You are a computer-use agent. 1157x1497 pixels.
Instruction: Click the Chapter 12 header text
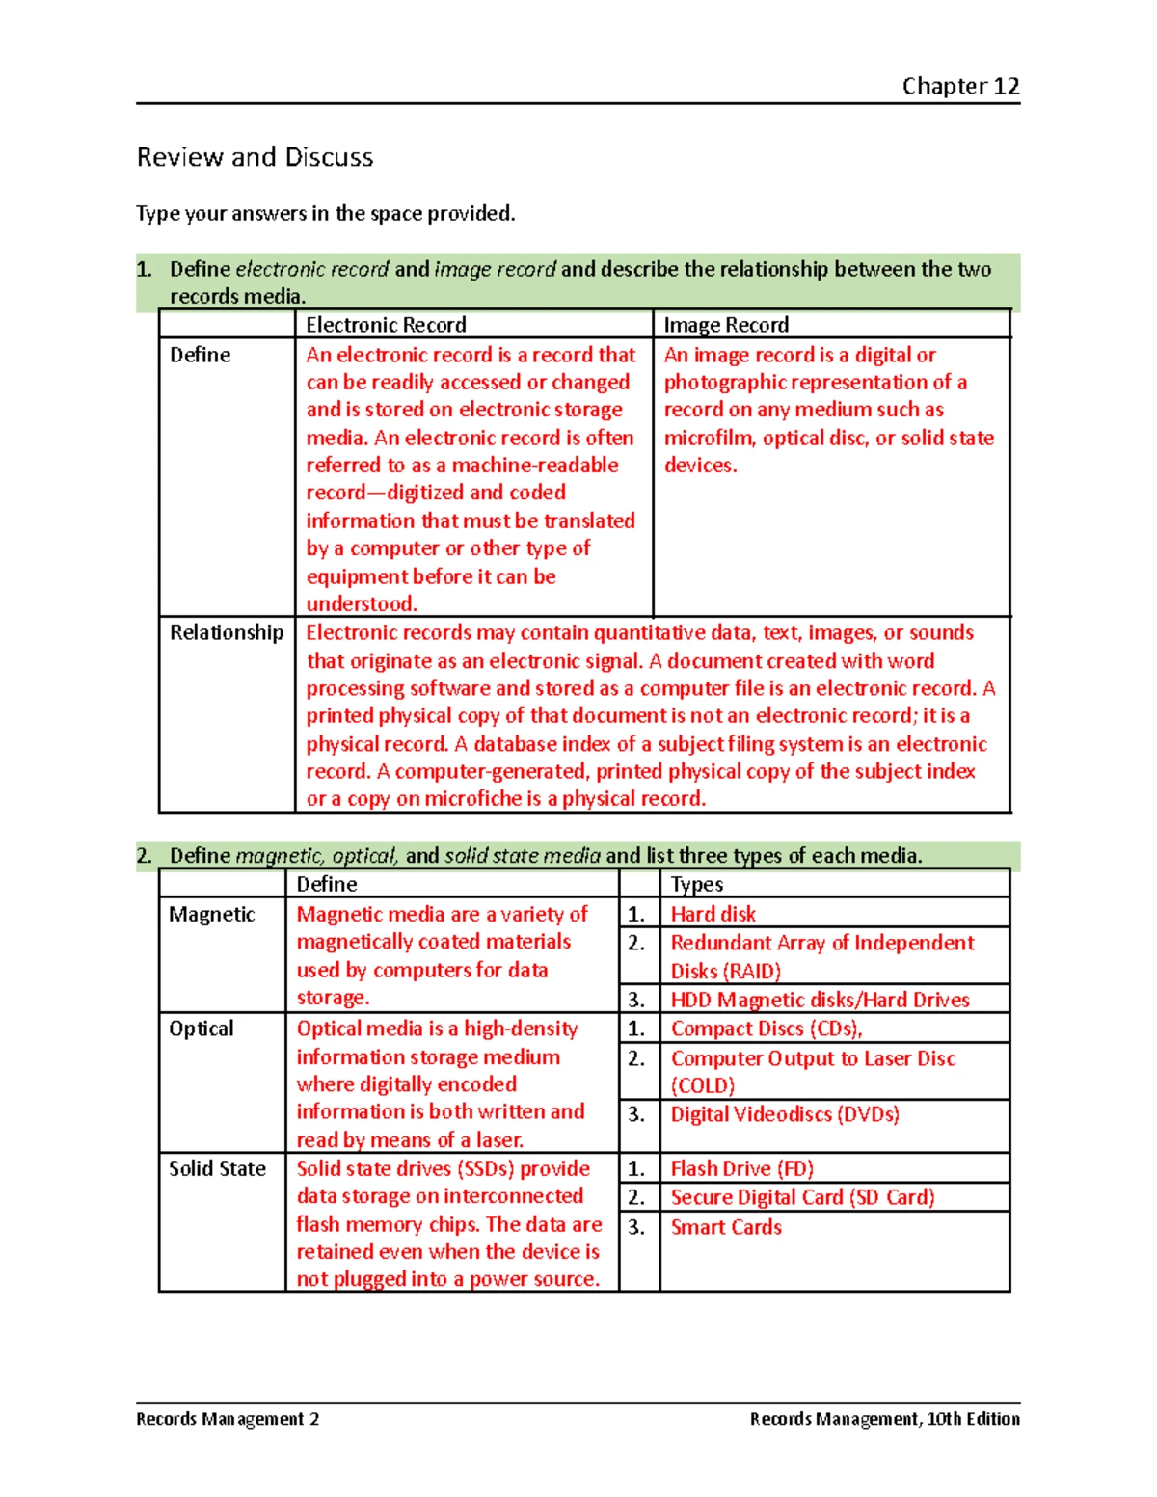pos(960,86)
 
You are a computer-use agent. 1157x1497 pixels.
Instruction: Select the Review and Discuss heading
pos(255,157)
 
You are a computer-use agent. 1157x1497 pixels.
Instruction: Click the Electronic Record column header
pos(386,325)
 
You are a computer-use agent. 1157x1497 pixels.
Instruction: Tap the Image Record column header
pos(726,325)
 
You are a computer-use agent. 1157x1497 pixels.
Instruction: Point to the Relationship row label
pos(227,632)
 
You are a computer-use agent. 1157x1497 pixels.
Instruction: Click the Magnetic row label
pos(212,914)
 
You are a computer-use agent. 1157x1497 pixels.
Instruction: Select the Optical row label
pos(202,1029)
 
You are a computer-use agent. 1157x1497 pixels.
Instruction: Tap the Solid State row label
pos(217,1168)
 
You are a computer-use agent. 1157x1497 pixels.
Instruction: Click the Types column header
pos(697,884)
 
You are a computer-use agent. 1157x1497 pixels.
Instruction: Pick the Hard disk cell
pos(713,914)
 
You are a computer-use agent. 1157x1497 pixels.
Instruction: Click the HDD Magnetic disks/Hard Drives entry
pos(820,1000)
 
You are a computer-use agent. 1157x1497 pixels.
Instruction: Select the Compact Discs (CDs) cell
pos(767,1029)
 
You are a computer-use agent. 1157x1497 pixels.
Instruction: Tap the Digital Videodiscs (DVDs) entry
pos(785,1114)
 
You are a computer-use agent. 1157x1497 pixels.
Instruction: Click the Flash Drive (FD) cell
pos(742,1168)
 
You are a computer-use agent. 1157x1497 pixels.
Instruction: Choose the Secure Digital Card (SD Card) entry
pos(802,1197)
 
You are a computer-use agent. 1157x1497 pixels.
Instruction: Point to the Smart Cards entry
pos(726,1227)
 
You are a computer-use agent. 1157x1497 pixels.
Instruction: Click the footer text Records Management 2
pos(228,1419)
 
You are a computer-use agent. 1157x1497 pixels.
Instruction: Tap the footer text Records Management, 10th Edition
pos(884,1419)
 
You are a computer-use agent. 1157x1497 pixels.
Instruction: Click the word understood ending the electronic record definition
pos(361,604)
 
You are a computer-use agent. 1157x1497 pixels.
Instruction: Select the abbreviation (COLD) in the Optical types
pos(703,1085)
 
